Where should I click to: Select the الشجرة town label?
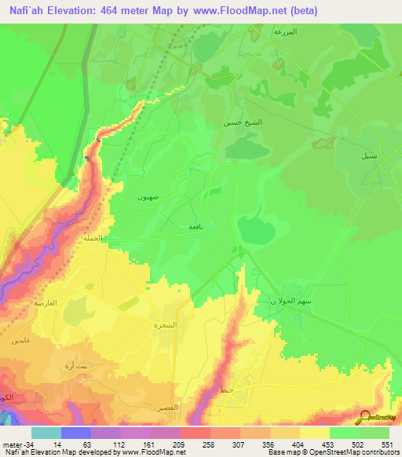[165, 324]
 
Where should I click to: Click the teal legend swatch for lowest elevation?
[46, 432]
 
